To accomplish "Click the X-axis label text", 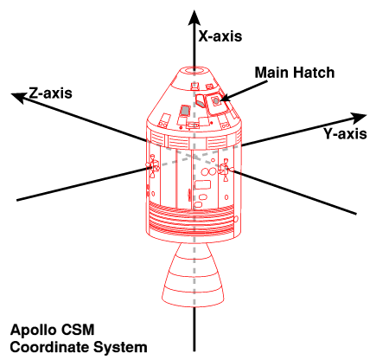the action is (x=220, y=36).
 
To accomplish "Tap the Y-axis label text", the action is (x=345, y=134).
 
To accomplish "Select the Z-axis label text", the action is (x=50, y=93).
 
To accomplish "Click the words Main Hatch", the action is (x=295, y=72).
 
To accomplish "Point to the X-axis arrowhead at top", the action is (x=194, y=18).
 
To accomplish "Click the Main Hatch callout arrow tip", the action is (x=221, y=100).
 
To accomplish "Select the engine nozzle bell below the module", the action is (x=193, y=274).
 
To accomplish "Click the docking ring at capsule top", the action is (x=194, y=70).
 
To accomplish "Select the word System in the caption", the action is (x=121, y=348).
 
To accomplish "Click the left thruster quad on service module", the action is (x=153, y=165).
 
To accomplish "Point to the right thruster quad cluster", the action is (x=225, y=170).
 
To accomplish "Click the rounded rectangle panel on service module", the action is (x=203, y=184).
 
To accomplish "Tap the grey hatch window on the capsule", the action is (x=216, y=101).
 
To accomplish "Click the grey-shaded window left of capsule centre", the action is (x=185, y=111).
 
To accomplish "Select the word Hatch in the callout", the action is (x=314, y=72).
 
